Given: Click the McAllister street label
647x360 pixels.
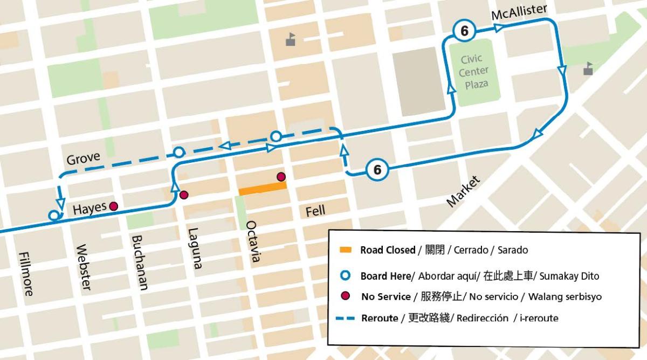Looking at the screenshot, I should [519, 15].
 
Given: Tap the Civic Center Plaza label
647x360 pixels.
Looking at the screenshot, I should [473, 71].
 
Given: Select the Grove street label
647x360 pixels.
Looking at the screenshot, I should [84, 159].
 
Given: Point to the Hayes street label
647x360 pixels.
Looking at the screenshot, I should [90, 207].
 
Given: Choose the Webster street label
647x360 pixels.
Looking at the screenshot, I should [84, 268].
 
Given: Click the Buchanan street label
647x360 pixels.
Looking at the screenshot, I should [140, 262].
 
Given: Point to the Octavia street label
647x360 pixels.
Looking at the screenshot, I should [252, 241].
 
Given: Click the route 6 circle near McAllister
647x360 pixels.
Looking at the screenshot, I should [464, 32].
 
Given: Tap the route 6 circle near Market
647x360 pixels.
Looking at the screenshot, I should [377, 170].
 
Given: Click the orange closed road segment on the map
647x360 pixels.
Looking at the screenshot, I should [262, 188].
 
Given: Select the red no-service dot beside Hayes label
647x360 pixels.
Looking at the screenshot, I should [114, 206].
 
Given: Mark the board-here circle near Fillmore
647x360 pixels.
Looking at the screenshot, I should [53, 216].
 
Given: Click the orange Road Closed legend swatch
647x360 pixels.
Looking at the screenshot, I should [346, 250].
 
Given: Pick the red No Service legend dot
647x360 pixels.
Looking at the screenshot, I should [346, 296].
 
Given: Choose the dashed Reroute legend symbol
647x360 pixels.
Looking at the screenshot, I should [346, 319].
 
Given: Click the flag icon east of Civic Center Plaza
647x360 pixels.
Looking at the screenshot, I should [589, 69].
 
